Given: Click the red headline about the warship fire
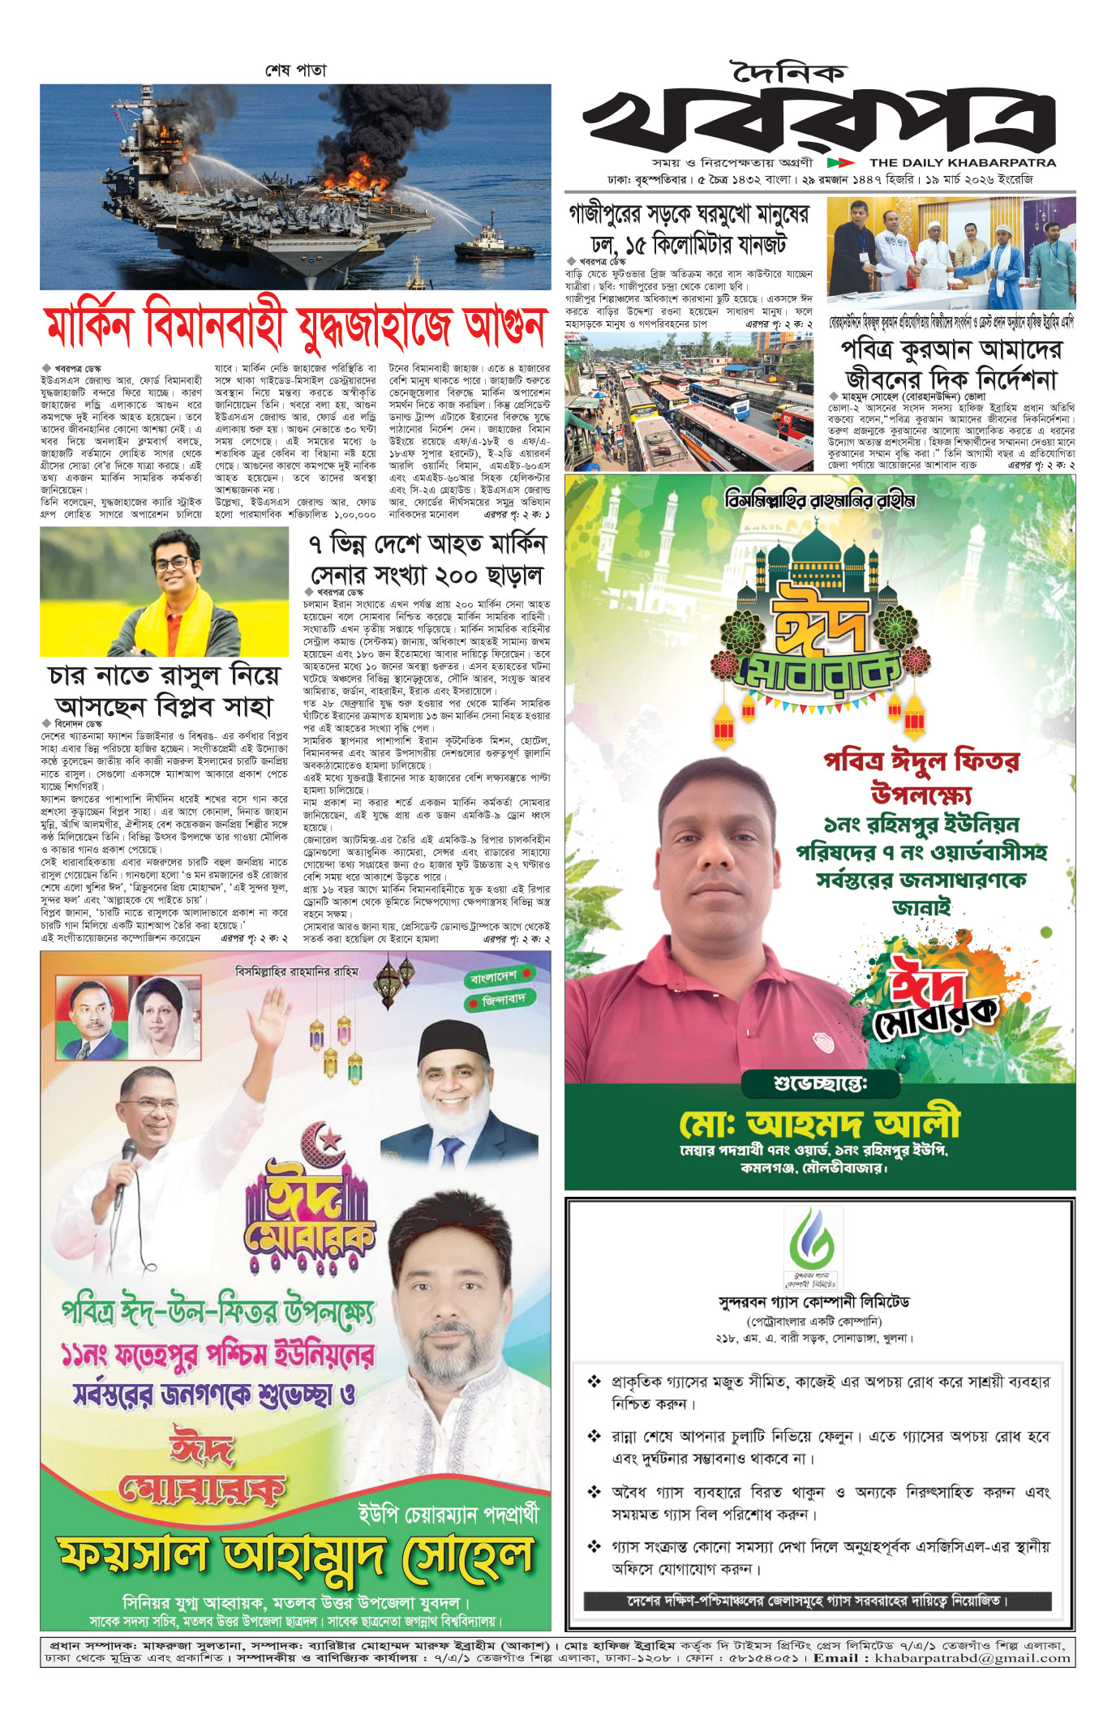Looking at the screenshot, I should pyautogui.click(x=296, y=326).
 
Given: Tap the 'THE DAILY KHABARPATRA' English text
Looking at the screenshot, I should pyautogui.click(x=963, y=162).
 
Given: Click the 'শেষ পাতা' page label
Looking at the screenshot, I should pyautogui.click(x=295, y=71).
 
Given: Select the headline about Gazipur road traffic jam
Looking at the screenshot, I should pyautogui.click(x=689, y=229).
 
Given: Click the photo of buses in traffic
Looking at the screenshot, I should pyautogui.click(x=689, y=401).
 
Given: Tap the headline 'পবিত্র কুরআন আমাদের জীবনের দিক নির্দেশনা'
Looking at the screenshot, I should pyautogui.click(x=951, y=364).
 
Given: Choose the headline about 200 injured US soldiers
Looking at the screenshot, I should pyautogui.click(x=427, y=559).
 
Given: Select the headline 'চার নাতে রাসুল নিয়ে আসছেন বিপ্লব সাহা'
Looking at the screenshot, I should pyautogui.click(x=164, y=690).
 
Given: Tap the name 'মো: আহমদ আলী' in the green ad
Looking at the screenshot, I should pyautogui.click(x=819, y=1123).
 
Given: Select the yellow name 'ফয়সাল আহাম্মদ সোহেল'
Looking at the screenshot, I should pyautogui.click(x=296, y=1556).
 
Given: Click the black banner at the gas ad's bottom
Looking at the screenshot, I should pyautogui.click(x=818, y=1601).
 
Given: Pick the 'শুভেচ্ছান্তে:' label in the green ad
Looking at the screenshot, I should pyautogui.click(x=820, y=1083).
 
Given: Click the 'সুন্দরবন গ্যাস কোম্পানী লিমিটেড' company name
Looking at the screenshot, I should pyautogui.click(x=814, y=1302).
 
